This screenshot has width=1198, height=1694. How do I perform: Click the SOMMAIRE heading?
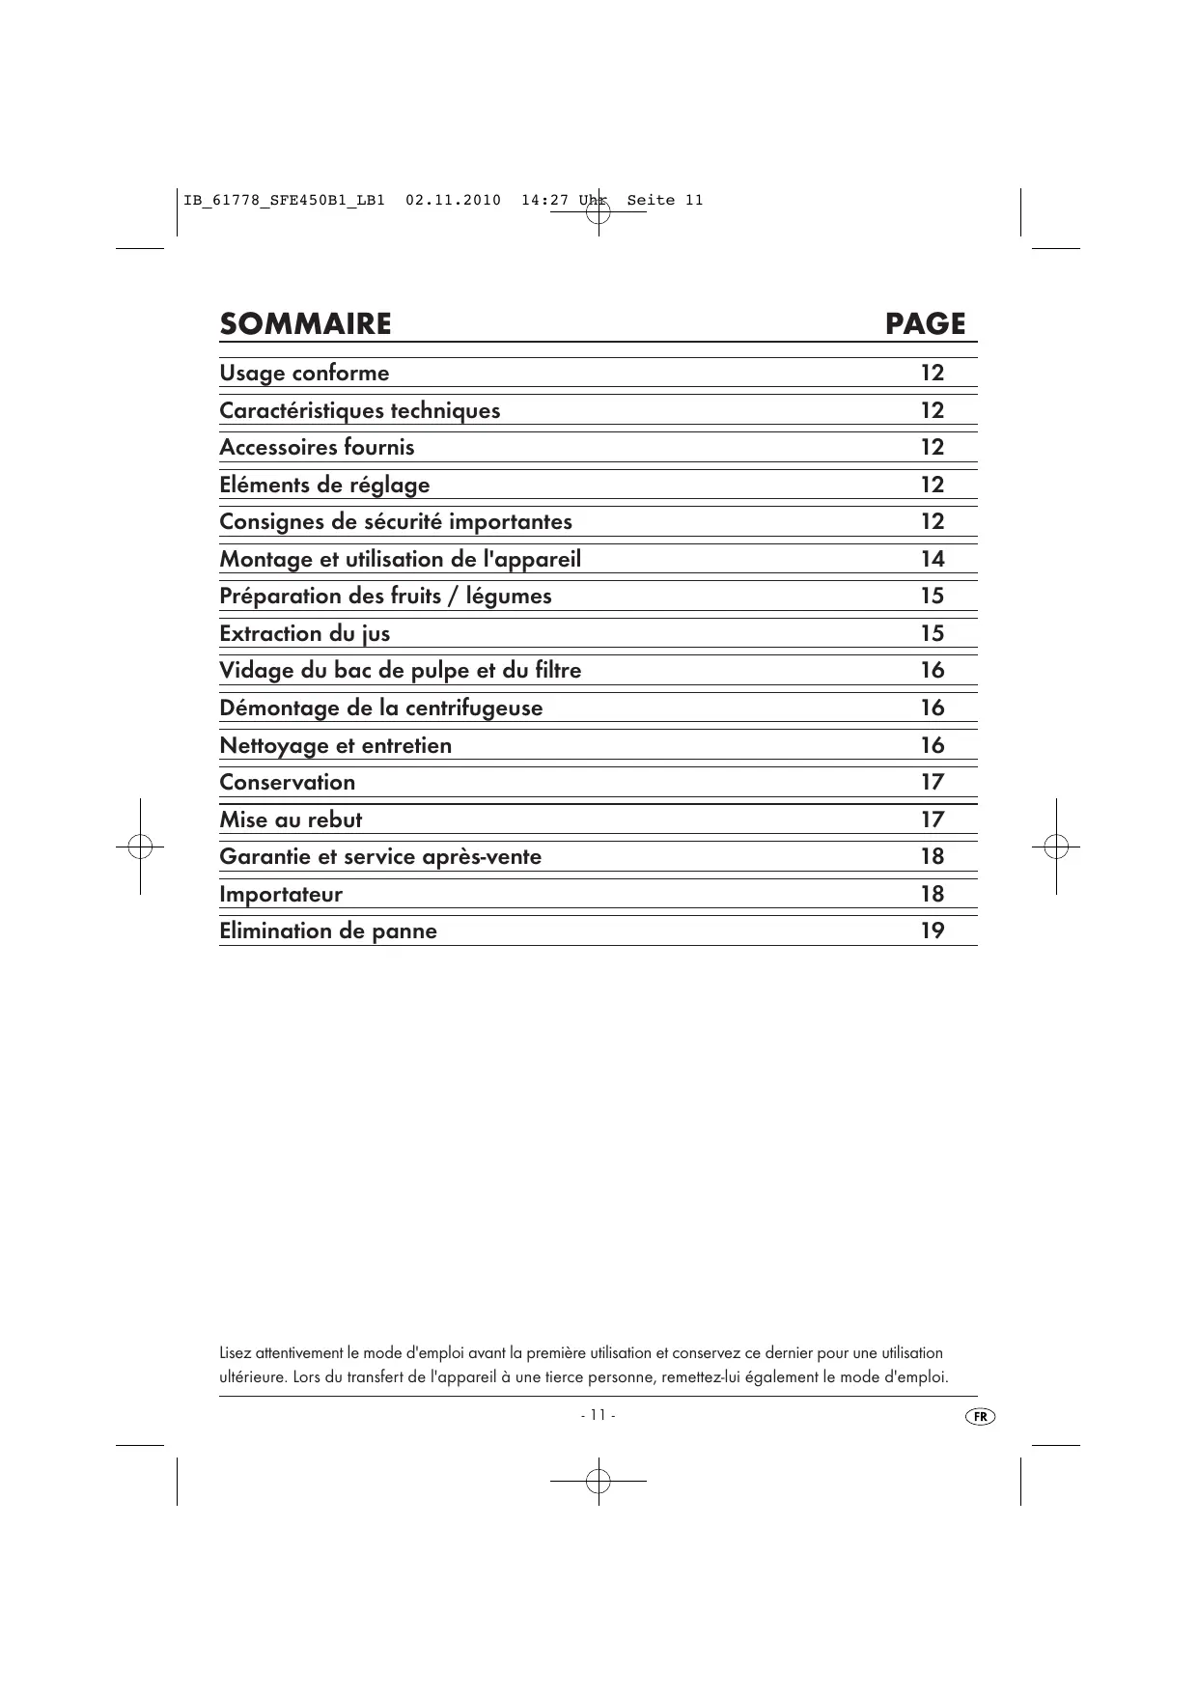(x=305, y=324)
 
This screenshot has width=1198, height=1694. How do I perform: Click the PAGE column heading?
(x=925, y=324)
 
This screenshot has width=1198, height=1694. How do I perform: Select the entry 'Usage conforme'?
(x=304, y=374)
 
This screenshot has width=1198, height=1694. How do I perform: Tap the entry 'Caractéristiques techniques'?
(x=359, y=411)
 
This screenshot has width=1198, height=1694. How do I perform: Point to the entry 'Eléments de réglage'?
(x=324, y=486)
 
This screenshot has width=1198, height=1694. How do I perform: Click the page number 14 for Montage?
(x=932, y=560)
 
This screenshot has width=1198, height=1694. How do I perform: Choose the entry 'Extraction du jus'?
(x=304, y=634)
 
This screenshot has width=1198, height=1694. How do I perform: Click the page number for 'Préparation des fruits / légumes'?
(x=932, y=597)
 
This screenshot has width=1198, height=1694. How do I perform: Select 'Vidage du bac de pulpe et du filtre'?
(x=400, y=671)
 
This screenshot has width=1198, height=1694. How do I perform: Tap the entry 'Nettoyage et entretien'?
(x=335, y=746)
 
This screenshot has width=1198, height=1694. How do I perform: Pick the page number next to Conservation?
(x=932, y=783)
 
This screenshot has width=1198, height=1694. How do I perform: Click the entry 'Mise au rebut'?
(x=291, y=820)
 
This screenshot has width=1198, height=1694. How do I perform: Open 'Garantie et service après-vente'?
(x=380, y=857)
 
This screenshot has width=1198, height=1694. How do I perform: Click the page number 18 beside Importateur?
(x=932, y=895)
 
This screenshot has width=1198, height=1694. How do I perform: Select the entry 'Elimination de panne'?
(x=327, y=931)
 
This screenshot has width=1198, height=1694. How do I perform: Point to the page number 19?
(x=932, y=931)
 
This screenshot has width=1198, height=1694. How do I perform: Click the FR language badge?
(x=980, y=1416)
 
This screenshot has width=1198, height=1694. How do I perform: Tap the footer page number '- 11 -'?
(x=598, y=1415)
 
